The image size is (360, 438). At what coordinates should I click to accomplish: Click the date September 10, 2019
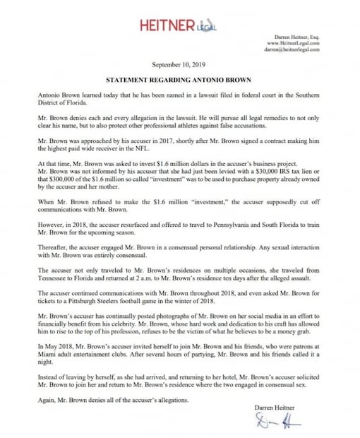180,64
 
